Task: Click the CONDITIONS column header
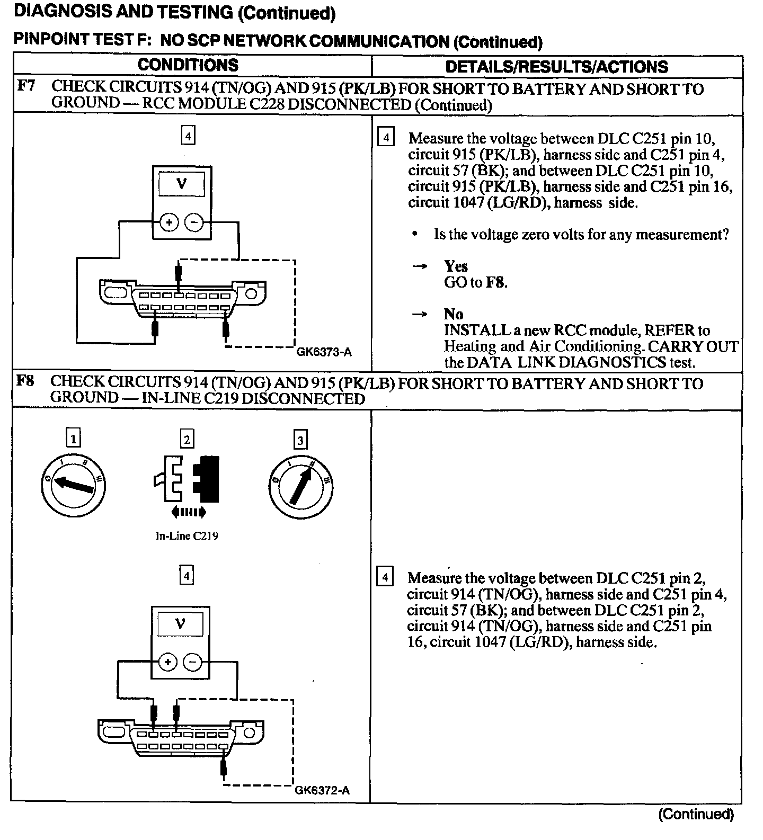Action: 188,65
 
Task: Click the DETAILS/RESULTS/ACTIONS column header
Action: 556,67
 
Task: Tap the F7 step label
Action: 26,86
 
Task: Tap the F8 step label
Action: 26,380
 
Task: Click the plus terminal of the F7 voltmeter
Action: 170,222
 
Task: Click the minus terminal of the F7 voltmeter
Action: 194,222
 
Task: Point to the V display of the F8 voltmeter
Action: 180,623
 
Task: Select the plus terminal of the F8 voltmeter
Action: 168,662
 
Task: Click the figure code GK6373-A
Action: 323,352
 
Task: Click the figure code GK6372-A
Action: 322,791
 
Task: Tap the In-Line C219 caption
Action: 187,535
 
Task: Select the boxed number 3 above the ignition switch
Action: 300,440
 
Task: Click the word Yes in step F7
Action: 456,266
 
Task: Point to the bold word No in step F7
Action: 453,314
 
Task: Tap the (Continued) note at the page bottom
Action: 695,814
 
